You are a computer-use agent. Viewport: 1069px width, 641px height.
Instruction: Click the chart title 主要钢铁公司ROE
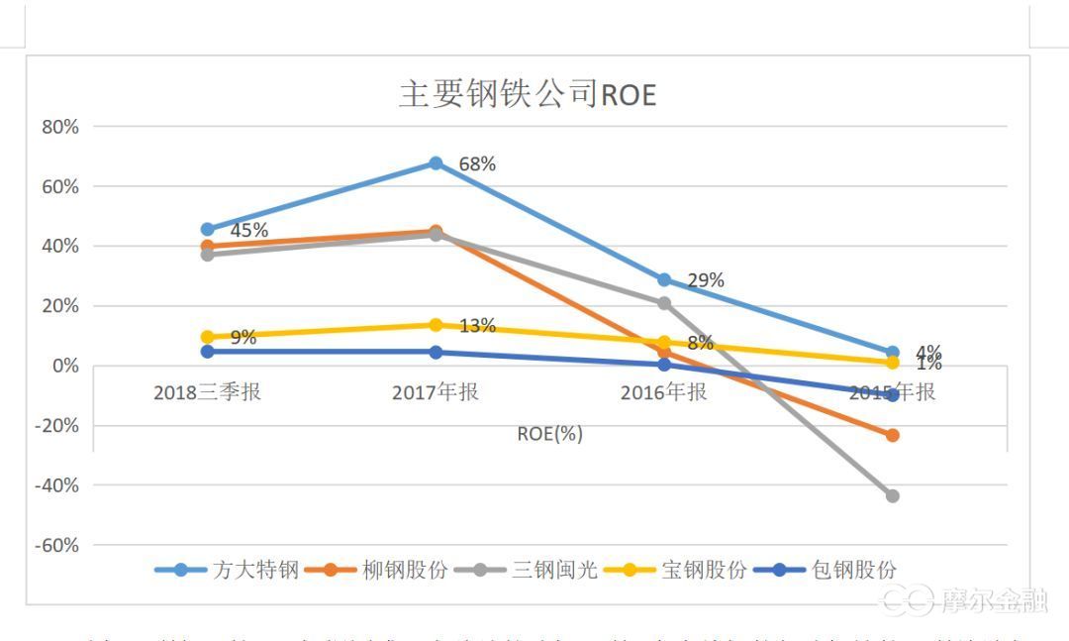click(528, 94)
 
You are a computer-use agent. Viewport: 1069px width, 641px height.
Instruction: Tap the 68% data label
click(477, 164)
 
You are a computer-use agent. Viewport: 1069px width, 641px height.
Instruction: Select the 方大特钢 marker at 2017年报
click(436, 163)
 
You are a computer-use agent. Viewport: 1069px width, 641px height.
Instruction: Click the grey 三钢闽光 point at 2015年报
click(892, 495)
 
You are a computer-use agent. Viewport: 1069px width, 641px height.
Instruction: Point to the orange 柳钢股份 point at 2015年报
click(892, 435)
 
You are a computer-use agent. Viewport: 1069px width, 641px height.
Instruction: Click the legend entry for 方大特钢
click(227, 570)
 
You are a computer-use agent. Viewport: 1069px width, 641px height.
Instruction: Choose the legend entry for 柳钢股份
click(376, 570)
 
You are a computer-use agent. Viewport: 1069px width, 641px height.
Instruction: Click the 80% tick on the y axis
click(60, 127)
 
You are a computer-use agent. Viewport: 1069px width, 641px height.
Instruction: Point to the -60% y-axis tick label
click(57, 545)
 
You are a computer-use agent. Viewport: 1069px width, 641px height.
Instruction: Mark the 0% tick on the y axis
click(65, 366)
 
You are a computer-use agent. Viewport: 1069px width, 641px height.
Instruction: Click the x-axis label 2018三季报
click(207, 392)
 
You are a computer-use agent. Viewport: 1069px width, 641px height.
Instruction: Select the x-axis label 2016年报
click(663, 392)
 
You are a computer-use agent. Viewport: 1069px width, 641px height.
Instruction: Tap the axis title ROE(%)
click(549, 434)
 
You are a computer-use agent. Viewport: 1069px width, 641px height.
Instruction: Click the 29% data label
click(706, 280)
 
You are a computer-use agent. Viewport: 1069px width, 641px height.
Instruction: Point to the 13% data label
click(477, 326)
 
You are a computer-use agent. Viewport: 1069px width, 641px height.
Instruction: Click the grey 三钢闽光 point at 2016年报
click(664, 303)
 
